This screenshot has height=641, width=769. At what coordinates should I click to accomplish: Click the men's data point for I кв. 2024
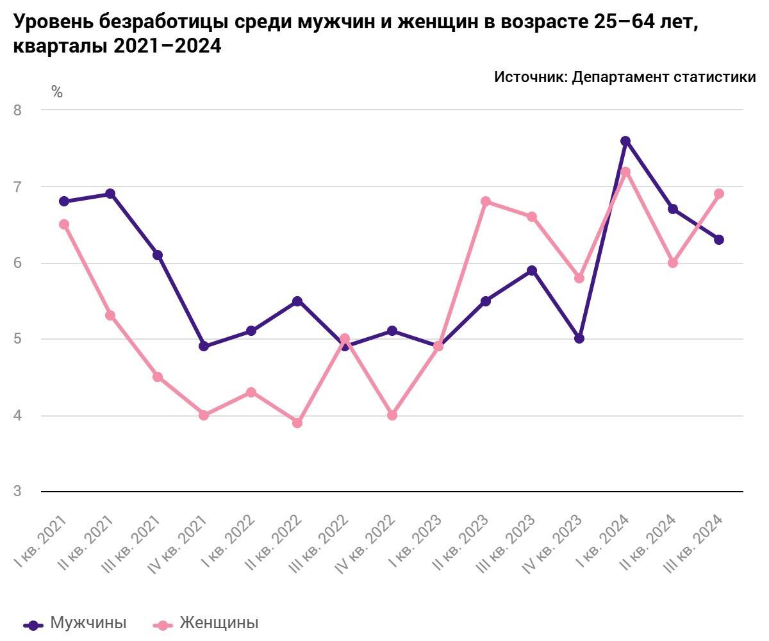[625, 141]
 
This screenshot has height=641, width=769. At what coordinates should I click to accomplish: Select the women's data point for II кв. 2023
[485, 201]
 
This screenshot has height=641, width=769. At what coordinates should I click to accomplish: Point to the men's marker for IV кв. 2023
[579, 338]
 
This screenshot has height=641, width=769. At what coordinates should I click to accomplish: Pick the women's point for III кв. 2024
[719, 194]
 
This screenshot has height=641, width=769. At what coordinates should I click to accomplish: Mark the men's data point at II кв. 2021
[110, 194]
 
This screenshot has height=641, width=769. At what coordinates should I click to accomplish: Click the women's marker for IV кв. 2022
[392, 415]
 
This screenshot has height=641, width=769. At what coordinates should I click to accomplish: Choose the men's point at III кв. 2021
[158, 255]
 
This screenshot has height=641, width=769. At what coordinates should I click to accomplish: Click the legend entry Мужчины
[88, 623]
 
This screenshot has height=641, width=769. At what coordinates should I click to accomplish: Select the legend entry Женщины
[219, 623]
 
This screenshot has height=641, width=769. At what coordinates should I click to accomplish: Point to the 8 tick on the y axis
[17, 110]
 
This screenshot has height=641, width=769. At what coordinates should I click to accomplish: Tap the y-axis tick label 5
[17, 339]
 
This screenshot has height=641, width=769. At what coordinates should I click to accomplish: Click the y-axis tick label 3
[17, 492]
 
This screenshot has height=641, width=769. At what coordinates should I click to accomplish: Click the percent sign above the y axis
[57, 92]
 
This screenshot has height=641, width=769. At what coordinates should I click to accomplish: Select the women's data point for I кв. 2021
[64, 224]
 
